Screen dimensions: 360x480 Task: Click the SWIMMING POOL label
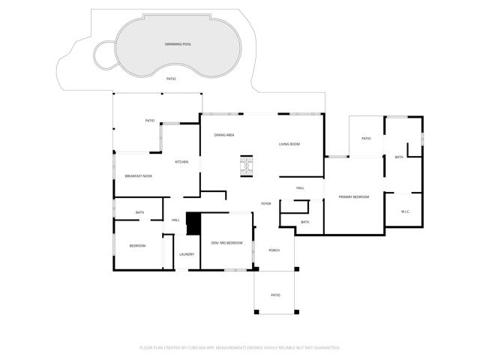[x=178, y=44]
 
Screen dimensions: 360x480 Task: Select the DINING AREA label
[x=224, y=135]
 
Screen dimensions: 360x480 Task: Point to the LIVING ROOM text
[x=289, y=143]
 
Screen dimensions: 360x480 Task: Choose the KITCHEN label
[x=181, y=162]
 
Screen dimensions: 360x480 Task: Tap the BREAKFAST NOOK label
[x=138, y=175]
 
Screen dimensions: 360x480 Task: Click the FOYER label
[x=265, y=203]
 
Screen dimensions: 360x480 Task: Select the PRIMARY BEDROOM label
[x=354, y=196]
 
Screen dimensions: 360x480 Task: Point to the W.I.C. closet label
[x=405, y=211]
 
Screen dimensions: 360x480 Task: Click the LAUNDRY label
[x=187, y=254]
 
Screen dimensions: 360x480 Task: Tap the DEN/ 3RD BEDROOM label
[x=226, y=243]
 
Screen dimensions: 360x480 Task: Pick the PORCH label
[x=274, y=250]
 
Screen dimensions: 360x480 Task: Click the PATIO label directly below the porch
[x=275, y=295]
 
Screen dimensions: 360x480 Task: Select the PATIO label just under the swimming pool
[x=171, y=78]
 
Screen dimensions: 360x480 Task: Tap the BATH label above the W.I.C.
[x=399, y=157]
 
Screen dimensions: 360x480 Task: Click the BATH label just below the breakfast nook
[x=139, y=212]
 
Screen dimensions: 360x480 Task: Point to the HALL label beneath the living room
[x=300, y=187]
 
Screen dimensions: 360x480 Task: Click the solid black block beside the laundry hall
[x=193, y=223]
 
